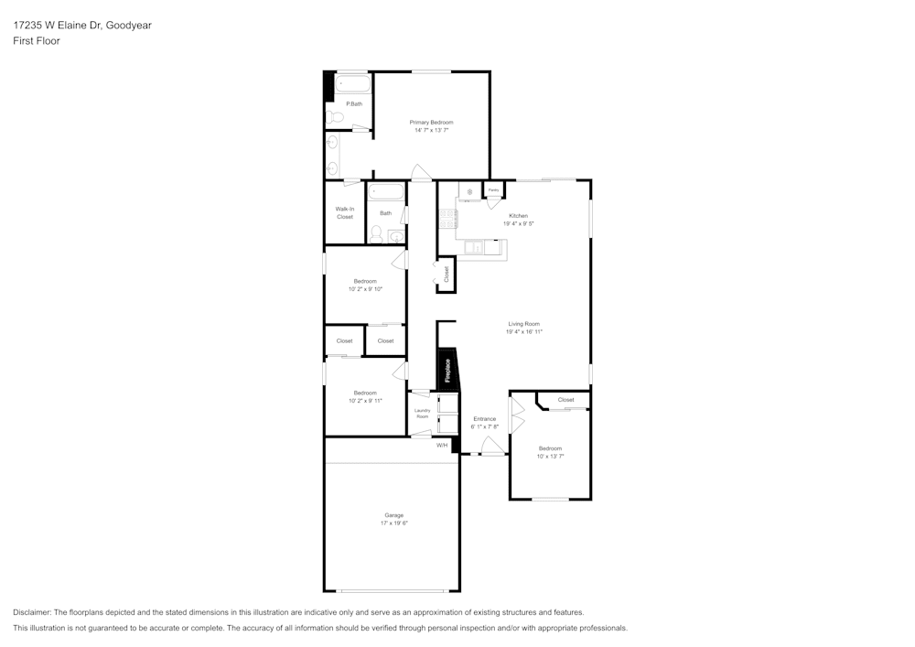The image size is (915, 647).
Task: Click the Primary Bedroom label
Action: tap(431, 122)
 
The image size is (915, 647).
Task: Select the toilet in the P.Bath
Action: tap(336, 116)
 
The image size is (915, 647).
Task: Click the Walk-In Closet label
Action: tap(344, 212)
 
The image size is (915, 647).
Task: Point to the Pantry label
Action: tap(493, 189)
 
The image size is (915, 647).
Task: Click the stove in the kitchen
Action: tap(448, 219)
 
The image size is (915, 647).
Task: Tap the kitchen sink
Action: tap(475, 246)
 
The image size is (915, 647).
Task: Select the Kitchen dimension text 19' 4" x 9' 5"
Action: tap(519, 223)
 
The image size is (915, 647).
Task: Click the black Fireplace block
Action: tap(447, 369)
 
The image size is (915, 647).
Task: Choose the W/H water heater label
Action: tap(441, 446)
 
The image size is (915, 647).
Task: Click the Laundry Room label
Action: tap(422, 414)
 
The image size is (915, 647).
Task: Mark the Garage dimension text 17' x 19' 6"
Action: tap(393, 523)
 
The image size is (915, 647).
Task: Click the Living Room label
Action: tap(524, 324)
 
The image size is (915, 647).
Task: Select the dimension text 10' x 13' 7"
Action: tap(550, 456)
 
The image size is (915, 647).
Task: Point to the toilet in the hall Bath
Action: tap(376, 233)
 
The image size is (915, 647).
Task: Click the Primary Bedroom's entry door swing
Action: tap(419, 172)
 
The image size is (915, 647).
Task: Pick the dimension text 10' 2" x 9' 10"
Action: tap(365, 288)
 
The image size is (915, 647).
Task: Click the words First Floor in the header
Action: tap(37, 41)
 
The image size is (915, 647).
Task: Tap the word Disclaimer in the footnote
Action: tap(32, 612)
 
